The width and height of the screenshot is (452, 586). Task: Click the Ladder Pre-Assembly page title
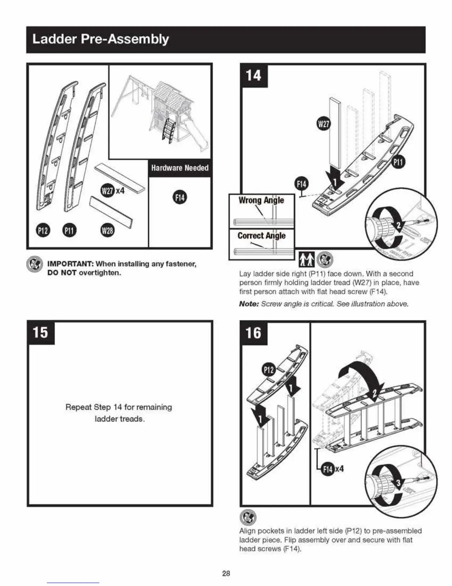click(x=100, y=39)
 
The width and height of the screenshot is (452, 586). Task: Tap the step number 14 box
click(x=254, y=75)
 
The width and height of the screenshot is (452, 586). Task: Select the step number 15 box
click(x=41, y=332)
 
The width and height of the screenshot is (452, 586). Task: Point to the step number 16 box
click(x=254, y=333)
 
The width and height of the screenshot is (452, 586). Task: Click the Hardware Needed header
click(x=179, y=168)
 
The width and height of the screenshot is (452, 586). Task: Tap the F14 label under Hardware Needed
click(x=180, y=197)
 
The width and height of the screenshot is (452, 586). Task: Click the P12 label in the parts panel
click(x=43, y=230)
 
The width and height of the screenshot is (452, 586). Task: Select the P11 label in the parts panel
click(x=69, y=230)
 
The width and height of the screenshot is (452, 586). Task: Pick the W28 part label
click(x=107, y=230)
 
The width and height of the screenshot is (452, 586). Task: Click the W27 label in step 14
click(x=323, y=124)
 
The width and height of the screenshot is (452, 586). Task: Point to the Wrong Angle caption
click(x=261, y=200)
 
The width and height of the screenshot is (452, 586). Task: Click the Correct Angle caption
click(x=261, y=236)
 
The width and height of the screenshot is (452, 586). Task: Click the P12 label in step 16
click(x=269, y=369)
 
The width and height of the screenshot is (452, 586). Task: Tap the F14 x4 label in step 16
click(x=332, y=469)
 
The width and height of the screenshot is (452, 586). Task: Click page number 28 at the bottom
click(x=226, y=573)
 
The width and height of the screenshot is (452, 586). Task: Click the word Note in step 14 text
click(x=249, y=304)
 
